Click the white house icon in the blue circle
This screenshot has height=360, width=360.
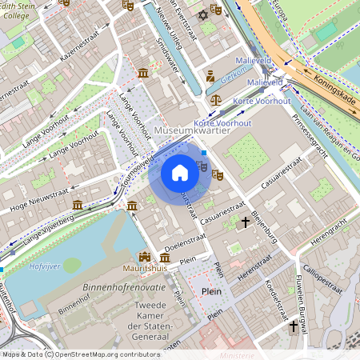pos(180,172)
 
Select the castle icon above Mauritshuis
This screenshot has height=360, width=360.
pos(145,258)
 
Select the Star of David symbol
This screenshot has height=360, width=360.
pos(202,16)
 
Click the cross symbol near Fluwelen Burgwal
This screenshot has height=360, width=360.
pos(294,326)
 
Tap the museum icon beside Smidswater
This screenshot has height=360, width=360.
pos(142,74)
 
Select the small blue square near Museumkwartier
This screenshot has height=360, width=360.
pos(204,152)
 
